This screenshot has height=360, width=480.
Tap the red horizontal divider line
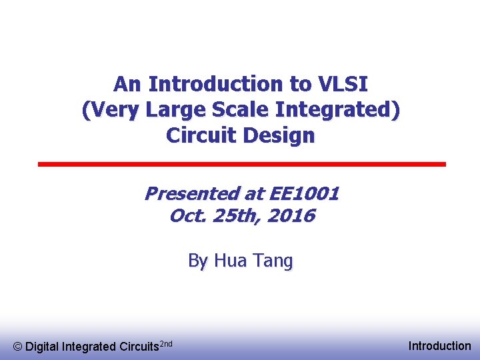[x=241, y=164]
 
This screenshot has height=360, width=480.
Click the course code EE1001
[x=303, y=194]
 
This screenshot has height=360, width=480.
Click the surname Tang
[x=272, y=261]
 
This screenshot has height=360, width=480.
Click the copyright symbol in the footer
[x=18, y=347]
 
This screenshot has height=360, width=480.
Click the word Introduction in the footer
[x=439, y=346]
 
